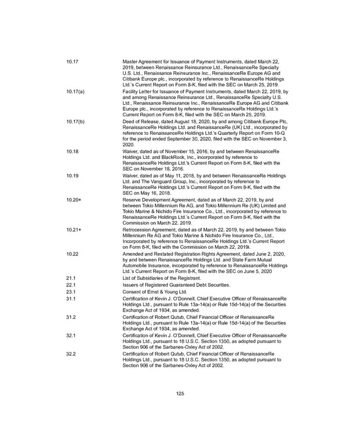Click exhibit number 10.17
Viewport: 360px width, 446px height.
73,62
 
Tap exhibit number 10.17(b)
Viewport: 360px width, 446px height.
76,121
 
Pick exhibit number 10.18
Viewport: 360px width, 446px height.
73,151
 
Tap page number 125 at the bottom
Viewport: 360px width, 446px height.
179,393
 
